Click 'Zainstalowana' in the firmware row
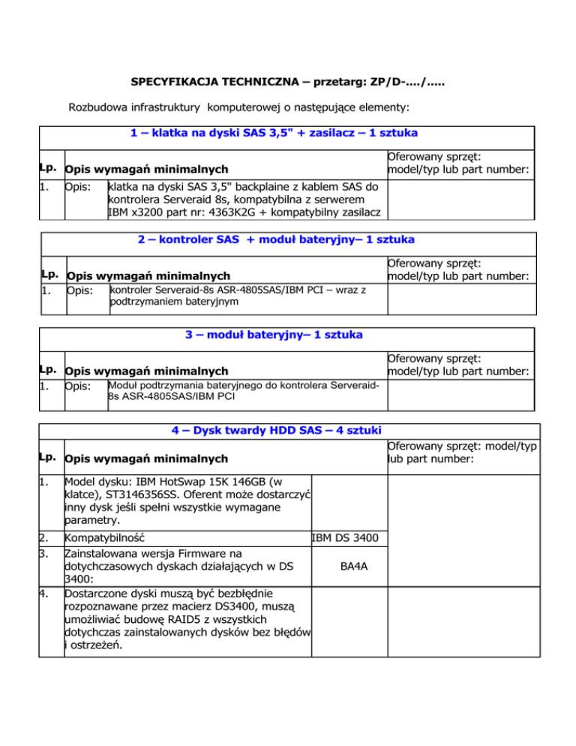[x=104, y=553]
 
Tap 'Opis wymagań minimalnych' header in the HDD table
[x=146, y=458]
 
